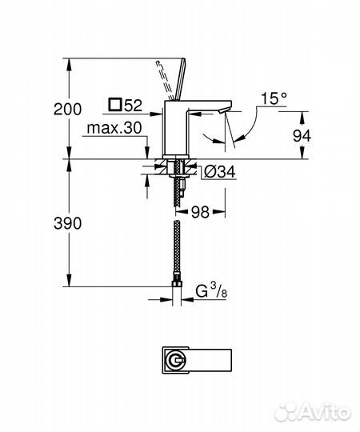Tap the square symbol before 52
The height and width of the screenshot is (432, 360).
pos(114,104)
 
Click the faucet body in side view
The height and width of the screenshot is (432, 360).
pos(174,128)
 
